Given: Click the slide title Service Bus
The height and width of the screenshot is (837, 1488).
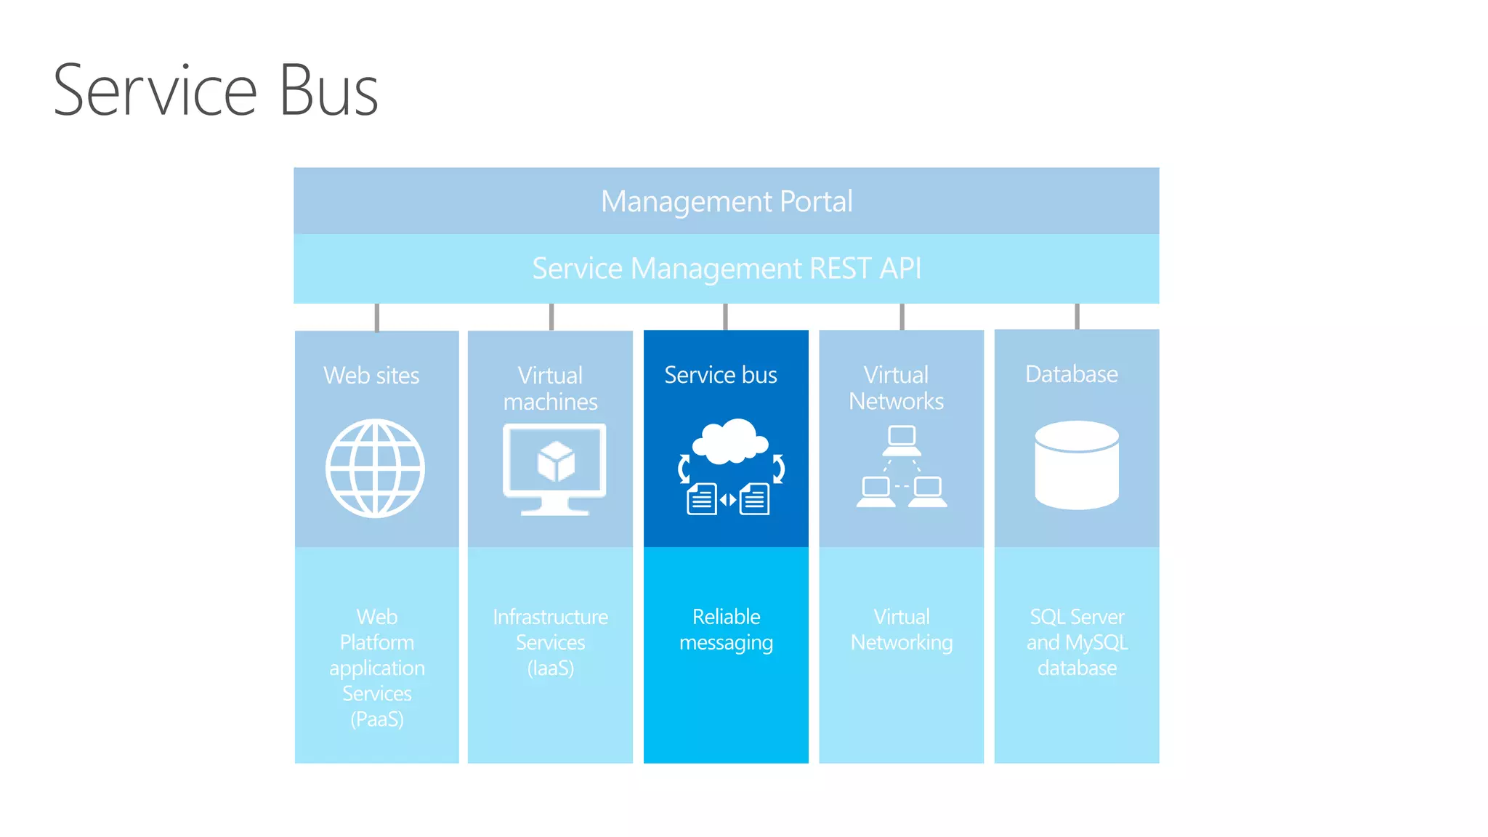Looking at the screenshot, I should (x=216, y=91).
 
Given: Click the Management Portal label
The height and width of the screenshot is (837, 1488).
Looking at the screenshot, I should (x=727, y=201).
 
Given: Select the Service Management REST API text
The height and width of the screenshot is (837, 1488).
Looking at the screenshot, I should (x=727, y=268).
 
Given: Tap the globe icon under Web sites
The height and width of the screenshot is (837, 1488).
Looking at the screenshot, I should (x=375, y=468).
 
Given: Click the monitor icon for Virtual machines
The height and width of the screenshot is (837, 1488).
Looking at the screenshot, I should (x=554, y=469).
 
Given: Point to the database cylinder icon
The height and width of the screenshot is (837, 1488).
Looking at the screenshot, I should (x=1077, y=465).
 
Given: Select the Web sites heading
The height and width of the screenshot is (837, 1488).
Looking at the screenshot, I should (x=371, y=376).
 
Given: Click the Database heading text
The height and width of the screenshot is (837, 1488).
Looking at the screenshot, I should (x=1072, y=374).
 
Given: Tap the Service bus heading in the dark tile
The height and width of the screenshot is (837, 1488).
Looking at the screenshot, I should (x=721, y=375).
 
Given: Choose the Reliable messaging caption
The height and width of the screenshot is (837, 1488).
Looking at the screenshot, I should (x=726, y=629).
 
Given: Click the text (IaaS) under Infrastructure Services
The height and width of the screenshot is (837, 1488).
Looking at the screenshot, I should (x=551, y=668).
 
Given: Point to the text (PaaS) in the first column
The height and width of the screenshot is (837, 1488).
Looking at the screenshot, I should (x=377, y=719).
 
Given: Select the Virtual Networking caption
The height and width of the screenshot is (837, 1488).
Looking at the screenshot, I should (x=902, y=629).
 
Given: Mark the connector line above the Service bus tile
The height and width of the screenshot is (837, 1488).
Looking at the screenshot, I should (x=725, y=317).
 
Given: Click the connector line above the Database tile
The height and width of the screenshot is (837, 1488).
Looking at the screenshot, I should (x=1077, y=317).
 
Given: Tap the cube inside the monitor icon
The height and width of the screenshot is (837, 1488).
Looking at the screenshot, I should (x=556, y=462).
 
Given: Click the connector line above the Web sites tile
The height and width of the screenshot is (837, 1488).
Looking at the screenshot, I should (x=376, y=318).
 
